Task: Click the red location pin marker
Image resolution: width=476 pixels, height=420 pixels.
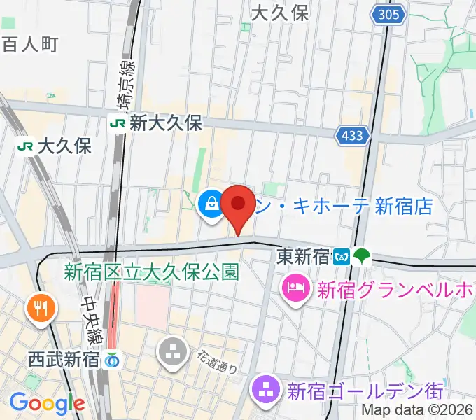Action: pyautogui.click(x=238, y=205)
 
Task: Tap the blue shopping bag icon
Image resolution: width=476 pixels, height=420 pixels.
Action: pyautogui.click(x=210, y=204)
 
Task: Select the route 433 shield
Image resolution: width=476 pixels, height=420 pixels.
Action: pyautogui.click(x=352, y=136)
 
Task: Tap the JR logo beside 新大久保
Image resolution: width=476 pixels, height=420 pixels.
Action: pyautogui.click(x=118, y=123)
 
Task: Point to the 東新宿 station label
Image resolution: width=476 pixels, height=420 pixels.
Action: pyautogui.click(x=302, y=256)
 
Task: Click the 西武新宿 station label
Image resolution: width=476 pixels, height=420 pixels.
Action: pyautogui.click(x=63, y=360)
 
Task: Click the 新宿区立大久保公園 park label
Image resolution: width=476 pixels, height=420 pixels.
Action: pyautogui.click(x=152, y=271)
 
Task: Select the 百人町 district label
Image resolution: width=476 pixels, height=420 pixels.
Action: pyautogui.click(x=29, y=45)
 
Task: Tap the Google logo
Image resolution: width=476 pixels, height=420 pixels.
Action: pyautogui.click(x=47, y=402)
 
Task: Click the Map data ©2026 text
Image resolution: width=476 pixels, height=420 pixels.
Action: pyautogui.click(x=417, y=412)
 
